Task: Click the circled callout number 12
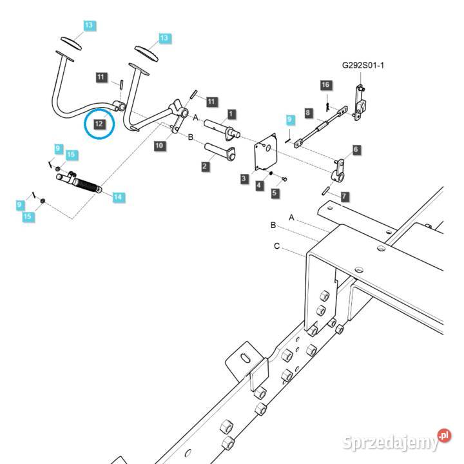[x=99, y=122]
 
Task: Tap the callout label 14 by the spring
[x=119, y=197]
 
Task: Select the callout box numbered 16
[x=325, y=86]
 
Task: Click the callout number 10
[x=159, y=146]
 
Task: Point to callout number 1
[x=231, y=114]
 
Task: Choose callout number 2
[x=205, y=167]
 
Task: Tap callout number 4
[x=259, y=186]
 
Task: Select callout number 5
[x=275, y=192]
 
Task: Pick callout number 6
[x=356, y=150]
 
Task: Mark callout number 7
[x=345, y=196]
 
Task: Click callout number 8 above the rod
[x=308, y=113]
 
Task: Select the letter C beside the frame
[x=276, y=246]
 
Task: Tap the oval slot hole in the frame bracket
[x=246, y=358]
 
